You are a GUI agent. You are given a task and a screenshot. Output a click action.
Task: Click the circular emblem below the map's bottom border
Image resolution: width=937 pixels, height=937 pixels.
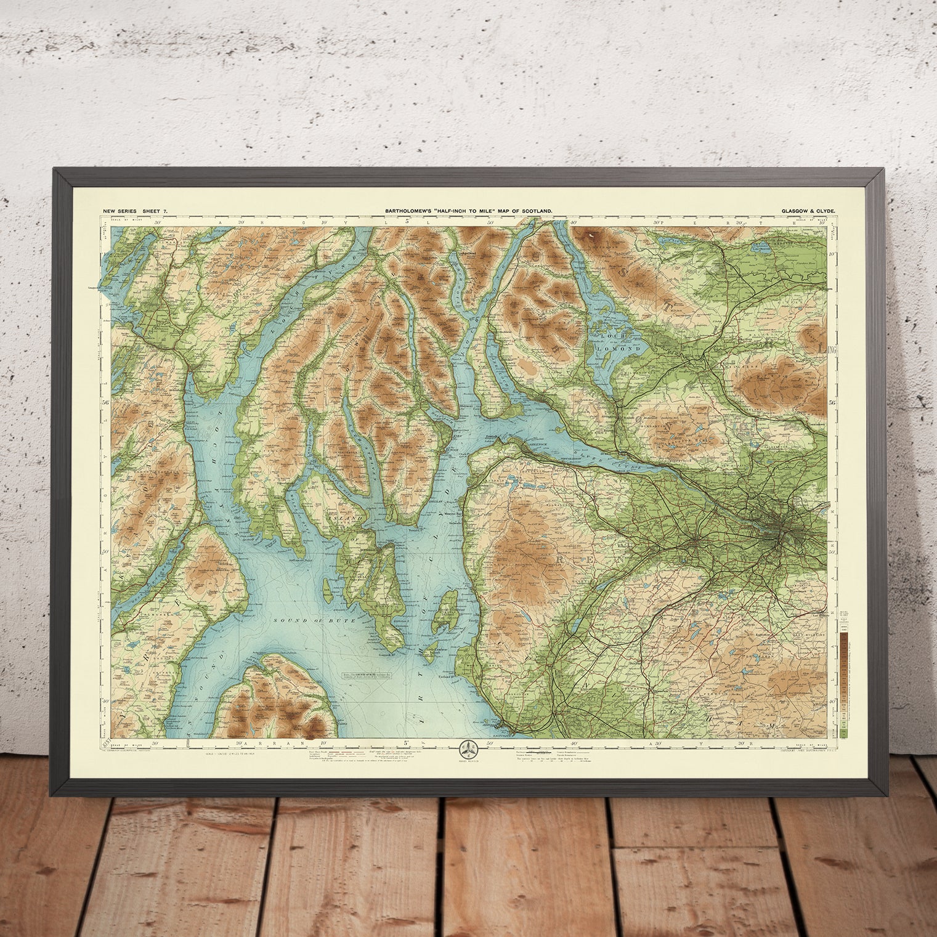(468, 750)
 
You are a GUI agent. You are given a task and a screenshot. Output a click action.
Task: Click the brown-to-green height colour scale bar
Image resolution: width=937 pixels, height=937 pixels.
(843, 678)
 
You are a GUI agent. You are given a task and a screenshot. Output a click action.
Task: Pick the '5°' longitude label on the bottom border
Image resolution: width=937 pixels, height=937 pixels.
(407, 744)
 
